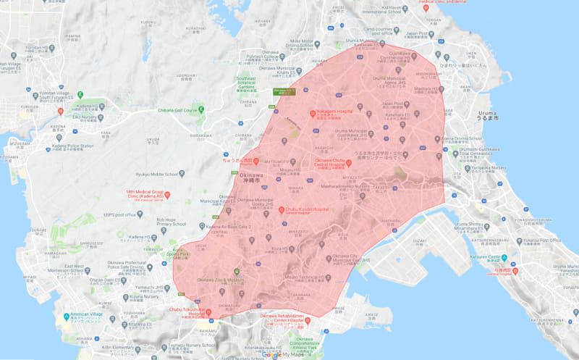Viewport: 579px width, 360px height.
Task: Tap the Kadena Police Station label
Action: point(73,146)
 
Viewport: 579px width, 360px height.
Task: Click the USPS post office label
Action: point(120,214)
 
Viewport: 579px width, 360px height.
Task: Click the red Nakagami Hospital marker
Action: point(314,114)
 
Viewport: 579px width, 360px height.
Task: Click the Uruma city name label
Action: point(491,116)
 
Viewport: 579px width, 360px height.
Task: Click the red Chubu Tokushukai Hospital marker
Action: point(208,313)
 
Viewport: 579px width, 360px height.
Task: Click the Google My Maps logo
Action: point(282,354)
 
